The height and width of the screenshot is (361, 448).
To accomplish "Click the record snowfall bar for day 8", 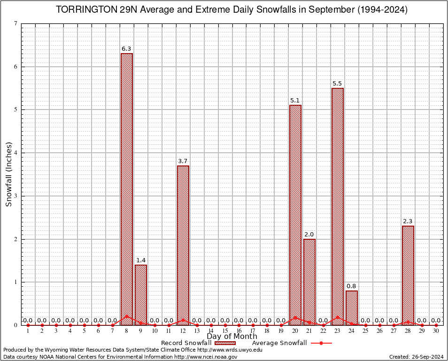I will [127, 188].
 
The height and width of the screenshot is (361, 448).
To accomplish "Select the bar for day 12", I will [183, 244].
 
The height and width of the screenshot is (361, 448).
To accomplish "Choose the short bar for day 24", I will [352, 307].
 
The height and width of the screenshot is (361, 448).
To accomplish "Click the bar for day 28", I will [408, 275].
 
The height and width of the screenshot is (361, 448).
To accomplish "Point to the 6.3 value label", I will [126, 48].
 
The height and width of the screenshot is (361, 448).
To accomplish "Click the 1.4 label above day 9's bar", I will [141, 260].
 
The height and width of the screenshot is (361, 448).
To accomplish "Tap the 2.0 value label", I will [309, 234].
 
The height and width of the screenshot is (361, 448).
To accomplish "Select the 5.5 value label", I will [337, 84].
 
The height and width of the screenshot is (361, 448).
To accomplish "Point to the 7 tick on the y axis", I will [16, 24].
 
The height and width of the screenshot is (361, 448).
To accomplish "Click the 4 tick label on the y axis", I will [16, 153].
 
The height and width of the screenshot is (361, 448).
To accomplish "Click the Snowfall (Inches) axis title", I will [9, 174].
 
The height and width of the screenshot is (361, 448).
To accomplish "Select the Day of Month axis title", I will [232, 337].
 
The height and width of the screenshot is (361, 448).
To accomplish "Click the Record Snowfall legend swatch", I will [225, 343].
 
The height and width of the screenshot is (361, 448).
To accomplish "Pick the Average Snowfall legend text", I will [279, 343].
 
